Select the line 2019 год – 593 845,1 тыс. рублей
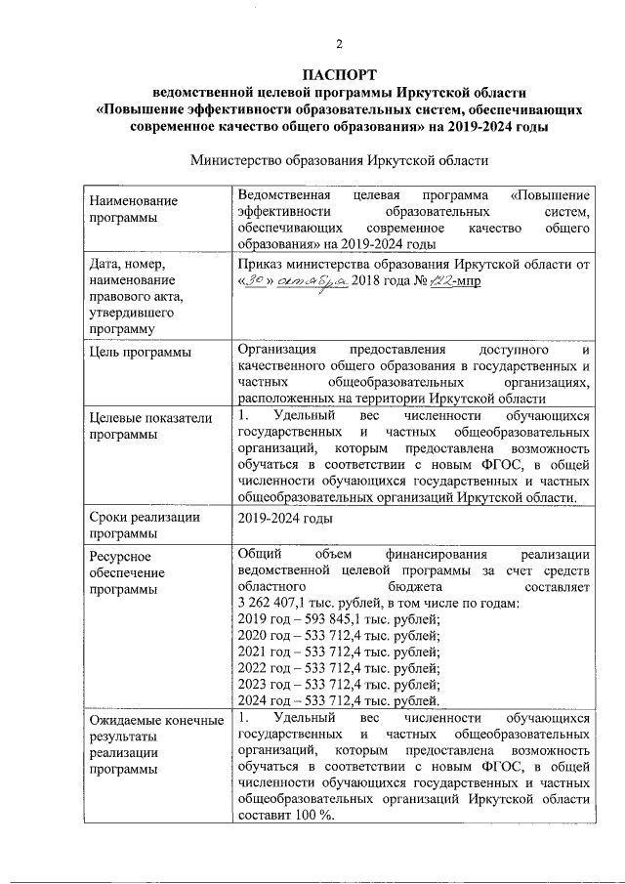(339, 619)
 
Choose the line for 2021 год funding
(339, 652)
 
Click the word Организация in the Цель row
(277, 348)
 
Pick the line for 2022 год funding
(339, 668)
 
